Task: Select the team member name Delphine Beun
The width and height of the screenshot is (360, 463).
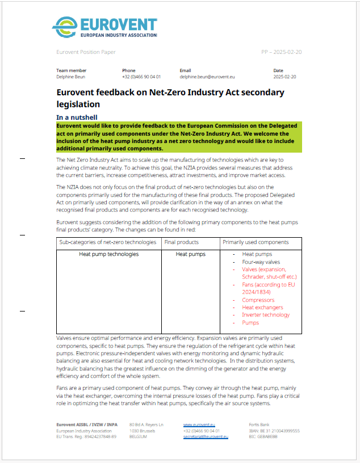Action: (x=71, y=76)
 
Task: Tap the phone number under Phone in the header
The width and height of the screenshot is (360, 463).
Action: (x=141, y=76)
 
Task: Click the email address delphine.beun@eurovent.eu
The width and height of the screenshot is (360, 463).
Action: (x=207, y=76)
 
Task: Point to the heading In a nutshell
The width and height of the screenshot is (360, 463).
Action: (x=81, y=117)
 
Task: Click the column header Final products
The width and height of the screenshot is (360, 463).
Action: (x=181, y=242)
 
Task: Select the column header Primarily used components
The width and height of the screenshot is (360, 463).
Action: (x=256, y=242)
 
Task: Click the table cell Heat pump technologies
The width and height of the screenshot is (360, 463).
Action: (x=108, y=254)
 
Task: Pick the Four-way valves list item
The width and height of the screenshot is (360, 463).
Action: (x=261, y=262)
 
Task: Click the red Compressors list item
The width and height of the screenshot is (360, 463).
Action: (x=258, y=300)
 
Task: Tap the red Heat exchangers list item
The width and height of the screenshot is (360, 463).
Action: (x=262, y=308)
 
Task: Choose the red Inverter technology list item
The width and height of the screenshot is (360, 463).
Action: (x=266, y=315)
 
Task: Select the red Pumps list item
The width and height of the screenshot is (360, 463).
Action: (x=250, y=323)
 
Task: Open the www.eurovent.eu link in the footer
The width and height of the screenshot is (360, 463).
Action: (x=199, y=424)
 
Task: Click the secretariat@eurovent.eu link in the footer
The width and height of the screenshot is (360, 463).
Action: (x=206, y=437)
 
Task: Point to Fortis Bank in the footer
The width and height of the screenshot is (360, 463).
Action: (x=261, y=424)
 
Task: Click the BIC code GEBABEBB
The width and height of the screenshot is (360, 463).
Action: (x=269, y=437)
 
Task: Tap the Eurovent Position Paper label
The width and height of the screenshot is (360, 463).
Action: (x=86, y=52)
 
